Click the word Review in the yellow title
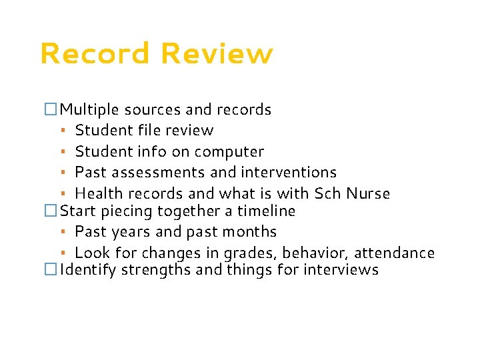tap(217, 54)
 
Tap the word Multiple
tap(89, 109)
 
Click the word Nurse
tap(368, 194)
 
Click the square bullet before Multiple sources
tap(51, 109)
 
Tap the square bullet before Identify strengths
tap(51, 270)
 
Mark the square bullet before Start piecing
tap(51, 211)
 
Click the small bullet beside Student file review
tap(61, 131)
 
